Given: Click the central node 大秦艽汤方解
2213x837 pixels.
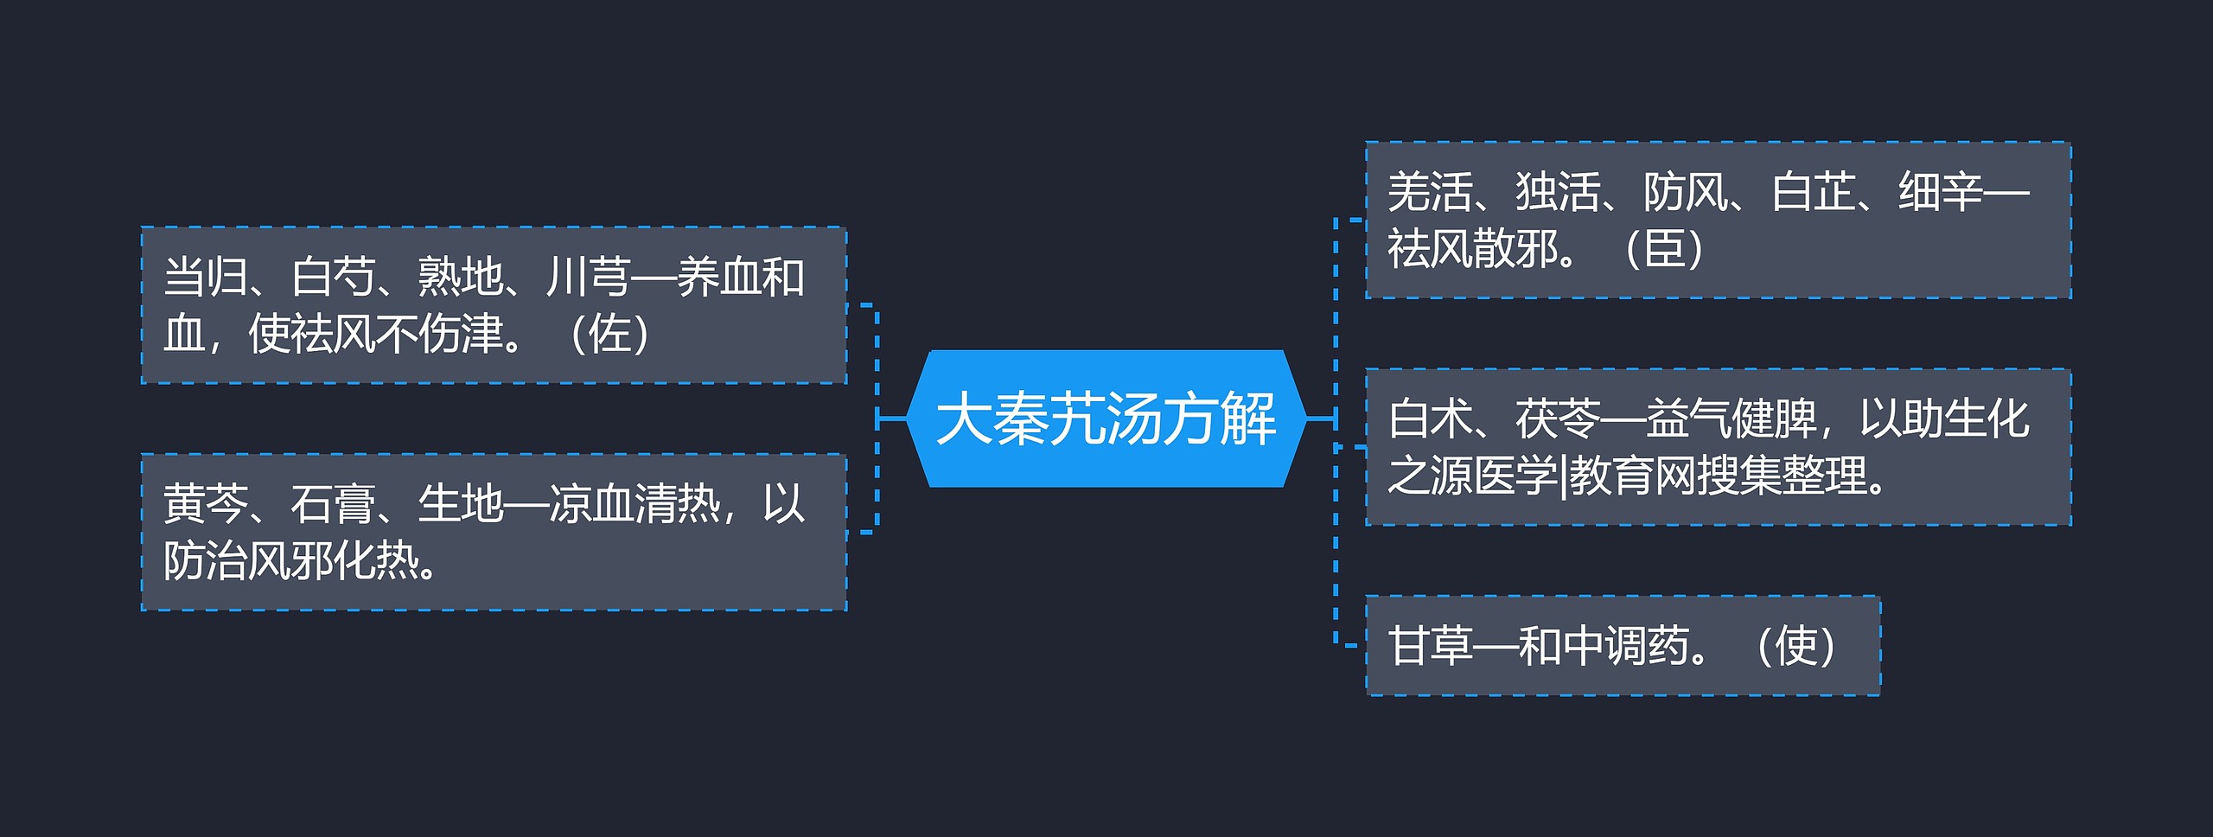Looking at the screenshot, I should (x=1106, y=419).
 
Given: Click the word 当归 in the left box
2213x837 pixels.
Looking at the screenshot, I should (x=206, y=278).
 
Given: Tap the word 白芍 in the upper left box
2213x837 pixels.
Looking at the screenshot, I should (x=333, y=278).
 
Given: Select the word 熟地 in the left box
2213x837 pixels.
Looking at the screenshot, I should (x=460, y=278).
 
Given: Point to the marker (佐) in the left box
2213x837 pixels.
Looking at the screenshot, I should (x=610, y=334).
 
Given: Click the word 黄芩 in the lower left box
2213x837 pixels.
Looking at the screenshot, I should (x=206, y=504).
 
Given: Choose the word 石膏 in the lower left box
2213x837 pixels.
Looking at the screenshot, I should (x=333, y=504).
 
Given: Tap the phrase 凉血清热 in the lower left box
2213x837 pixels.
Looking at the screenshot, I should (x=635, y=504).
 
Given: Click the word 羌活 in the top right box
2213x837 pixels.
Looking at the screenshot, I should (x=1430, y=192).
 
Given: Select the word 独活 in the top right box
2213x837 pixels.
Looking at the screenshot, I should (x=1558, y=192).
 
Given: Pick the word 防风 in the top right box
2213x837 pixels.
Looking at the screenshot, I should (x=1686, y=192).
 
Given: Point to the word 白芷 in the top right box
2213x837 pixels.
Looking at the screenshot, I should (x=1814, y=192).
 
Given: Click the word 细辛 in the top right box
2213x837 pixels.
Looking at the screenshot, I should (x=1941, y=192).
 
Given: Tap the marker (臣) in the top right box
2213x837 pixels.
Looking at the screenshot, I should (x=1664, y=249).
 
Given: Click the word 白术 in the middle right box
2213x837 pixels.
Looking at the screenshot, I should (x=1430, y=419).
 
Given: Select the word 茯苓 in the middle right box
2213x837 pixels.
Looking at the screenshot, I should (x=1558, y=419).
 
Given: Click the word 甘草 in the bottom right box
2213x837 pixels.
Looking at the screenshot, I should (x=1430, y=646).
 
